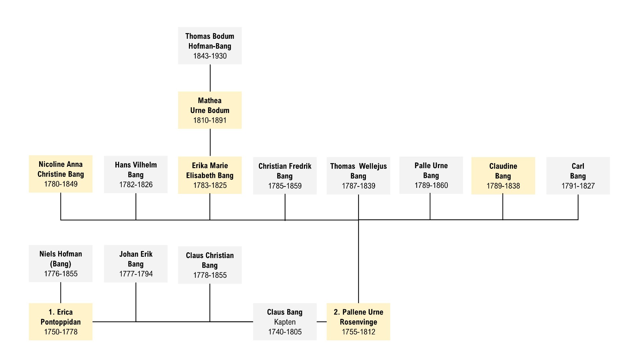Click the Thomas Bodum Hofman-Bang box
coord(210,46)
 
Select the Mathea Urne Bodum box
coord(210,110)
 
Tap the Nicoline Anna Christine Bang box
coord(61,174)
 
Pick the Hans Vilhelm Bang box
coord(136,174)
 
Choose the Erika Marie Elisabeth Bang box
coord(210,175)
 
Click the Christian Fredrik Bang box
coord(285,176)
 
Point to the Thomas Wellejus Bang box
coord(358,176)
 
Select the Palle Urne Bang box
coord(431,175)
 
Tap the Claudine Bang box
coord(503,176)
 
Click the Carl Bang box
coord(578,176)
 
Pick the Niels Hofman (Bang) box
coord(61,263)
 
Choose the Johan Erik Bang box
coord(136,264)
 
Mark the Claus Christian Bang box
coord(210,265)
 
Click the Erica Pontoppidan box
coord(61,322)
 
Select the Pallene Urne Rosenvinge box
coord(358,322)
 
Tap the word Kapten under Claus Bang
coord(285,322)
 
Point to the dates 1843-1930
coord(210,56)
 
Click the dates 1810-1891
coord(210,120)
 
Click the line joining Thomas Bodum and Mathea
coord(210,78)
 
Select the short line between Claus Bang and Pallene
coord(322,322)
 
